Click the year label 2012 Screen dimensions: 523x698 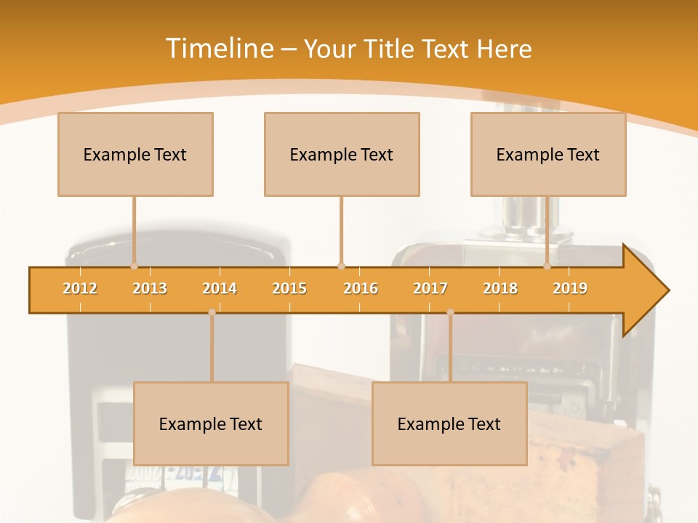pyautogui.click(x=80, y=288)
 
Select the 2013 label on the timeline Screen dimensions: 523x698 pyautogui.click(x=150, y=288)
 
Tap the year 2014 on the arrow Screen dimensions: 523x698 pyautogui.click(x=220, y=288)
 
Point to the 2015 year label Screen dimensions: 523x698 pyautogui.click(x=289, y=288)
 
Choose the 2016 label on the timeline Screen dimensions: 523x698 pyautogui.click(x=361, y=288)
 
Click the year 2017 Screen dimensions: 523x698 pyautogui.click(x=430, y=288)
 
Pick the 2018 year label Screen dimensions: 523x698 pyautogui.click(x=500, y=288)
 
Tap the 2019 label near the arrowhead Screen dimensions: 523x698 pyautogui.click(x=570, y=288)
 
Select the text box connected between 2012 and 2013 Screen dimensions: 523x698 pyautogui.click(x=135, y=154)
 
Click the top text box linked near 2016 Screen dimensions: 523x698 pyautogui.click(x=342, y=154)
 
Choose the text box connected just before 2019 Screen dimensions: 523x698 pyautogui.click(x=548, y=154)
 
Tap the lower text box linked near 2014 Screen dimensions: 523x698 pyautogui.click(x=211, y=423)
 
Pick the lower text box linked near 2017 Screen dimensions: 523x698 pyautogui.click(x=449, y=423)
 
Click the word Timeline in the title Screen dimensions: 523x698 pyautogui.click(x=218, y=49)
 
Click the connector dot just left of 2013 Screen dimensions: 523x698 pyautogui.click(x=134, y=267)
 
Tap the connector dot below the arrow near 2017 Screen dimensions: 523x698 pyautogui.click(x=450, y=312)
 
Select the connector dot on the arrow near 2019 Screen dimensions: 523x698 pyautogui.click(x=547, y=267)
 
